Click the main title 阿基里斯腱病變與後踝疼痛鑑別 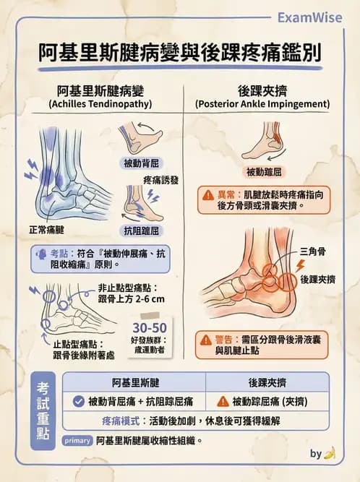(x=180, y=53)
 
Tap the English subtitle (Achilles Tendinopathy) (x=99, y=104)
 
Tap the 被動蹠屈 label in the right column (x=265, y=172)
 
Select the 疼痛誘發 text (x=160, y=178)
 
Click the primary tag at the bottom (x=77, y=440)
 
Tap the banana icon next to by (x=330, y=454)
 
